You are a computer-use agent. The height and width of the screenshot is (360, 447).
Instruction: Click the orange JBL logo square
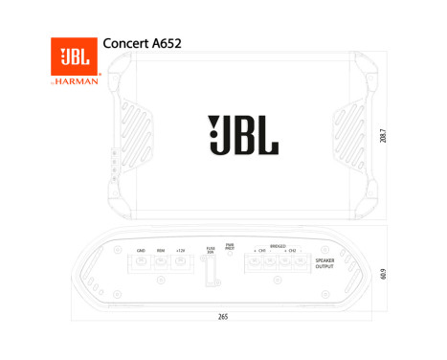click(x=75, y=57)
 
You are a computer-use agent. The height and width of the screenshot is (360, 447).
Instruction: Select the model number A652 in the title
click(x=166, y=44)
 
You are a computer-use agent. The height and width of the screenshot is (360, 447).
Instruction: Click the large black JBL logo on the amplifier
click(x=243, y=135)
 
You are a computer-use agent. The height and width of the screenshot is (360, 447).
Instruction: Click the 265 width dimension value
click(x=223, y=316)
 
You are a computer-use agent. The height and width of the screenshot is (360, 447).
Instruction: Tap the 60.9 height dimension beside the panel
click(x=383, y=276)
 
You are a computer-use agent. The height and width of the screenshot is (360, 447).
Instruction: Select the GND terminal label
click(x=141, y=250)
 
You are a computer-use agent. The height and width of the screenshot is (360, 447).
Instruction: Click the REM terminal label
click(x=161, y=250)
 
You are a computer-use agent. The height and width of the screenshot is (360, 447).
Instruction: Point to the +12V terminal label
click(x=180, y=250)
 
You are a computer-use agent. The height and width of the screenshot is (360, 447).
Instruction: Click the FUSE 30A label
click(x=211, y=250)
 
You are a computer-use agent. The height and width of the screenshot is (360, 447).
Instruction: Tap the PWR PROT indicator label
click(x=230, y=246)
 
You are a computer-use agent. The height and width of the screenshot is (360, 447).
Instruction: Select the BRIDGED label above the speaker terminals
click(x=278, y=245)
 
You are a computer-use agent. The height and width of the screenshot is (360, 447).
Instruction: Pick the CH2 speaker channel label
click(x=292, y=251)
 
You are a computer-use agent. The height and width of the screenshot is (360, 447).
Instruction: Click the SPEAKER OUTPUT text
click(x=325, y=263)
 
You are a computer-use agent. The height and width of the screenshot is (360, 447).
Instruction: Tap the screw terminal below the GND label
click(x=141, y=261)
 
